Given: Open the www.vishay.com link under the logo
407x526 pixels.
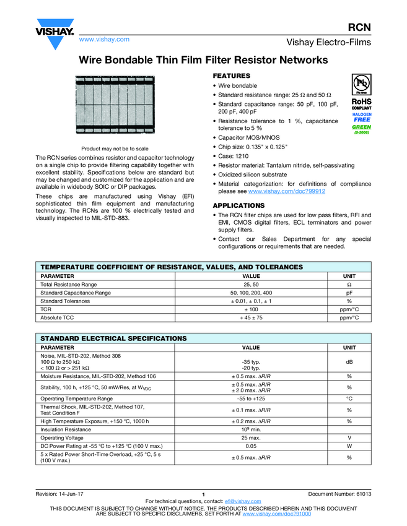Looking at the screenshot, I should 104,39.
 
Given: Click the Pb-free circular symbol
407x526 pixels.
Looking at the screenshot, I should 361,83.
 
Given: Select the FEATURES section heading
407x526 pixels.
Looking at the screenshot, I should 232,75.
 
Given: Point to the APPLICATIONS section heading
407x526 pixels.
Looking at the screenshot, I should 239,205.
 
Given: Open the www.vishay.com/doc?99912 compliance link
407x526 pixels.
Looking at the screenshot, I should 287,192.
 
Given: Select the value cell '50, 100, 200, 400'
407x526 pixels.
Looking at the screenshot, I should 251,293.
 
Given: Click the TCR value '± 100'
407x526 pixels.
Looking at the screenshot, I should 251,309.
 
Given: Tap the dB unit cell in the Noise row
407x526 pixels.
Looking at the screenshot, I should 349,363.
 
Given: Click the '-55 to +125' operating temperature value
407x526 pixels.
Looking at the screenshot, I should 251,399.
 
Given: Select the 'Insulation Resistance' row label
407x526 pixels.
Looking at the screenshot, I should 65,429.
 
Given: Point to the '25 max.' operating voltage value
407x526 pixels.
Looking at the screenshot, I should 251,438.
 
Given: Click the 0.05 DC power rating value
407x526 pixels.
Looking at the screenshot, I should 251,446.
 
